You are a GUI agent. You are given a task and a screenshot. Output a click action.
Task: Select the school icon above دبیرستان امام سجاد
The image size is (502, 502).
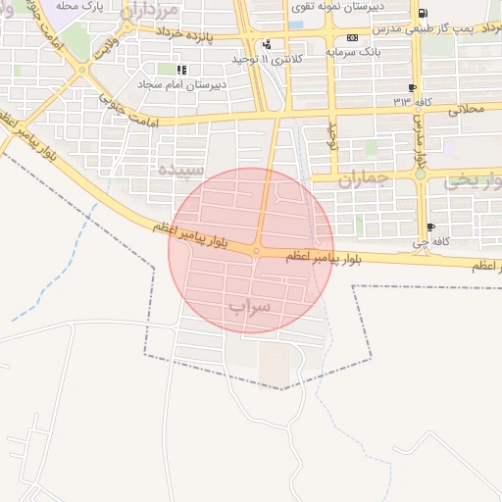click(x=181, y=71)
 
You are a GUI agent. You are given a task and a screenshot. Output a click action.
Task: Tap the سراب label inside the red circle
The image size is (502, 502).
click(x=249, y=307)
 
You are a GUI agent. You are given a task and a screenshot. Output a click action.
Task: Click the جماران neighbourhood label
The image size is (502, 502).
click(x=364, y=178)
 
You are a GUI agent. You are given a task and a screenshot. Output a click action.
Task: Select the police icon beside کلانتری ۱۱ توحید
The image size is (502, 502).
click(x=267, y=44)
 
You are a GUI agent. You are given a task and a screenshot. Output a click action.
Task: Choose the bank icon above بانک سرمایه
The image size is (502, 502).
click(x=352, y=37)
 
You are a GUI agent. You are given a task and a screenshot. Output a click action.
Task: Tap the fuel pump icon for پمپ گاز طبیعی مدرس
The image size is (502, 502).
click(x=423, y=13)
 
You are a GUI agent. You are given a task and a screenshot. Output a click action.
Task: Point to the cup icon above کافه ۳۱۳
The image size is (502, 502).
click(x=411, y=87)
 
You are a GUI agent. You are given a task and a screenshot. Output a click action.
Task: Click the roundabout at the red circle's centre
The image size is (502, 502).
click(x=256, y=251)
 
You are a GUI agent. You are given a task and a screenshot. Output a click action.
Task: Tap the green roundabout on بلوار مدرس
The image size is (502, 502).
click(x=421, y=175)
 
